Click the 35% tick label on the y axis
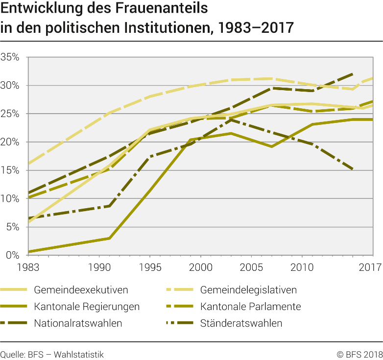tap(10, 57)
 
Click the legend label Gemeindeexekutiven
tap(81, 290)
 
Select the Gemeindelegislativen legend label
tap(248, 290)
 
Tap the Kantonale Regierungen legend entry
tap(87, 307)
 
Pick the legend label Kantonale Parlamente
tap(250, 307)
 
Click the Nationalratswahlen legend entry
tap(78, 323)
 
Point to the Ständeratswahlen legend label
tap(241, 323)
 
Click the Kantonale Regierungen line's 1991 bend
tap(109, 239)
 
